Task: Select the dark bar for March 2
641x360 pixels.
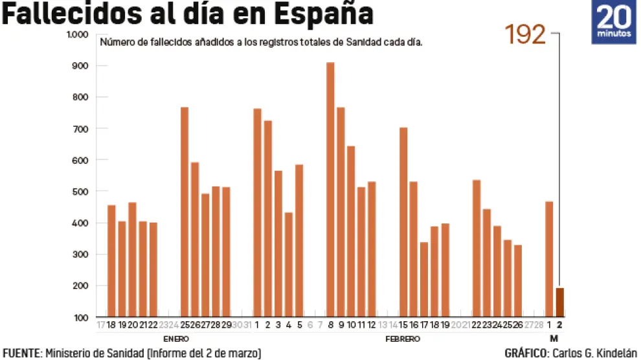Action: pos(560,302)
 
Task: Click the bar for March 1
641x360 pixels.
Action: pos(549,259)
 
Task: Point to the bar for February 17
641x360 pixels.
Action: pos(424,279)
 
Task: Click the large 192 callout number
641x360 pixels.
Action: pos(525,35)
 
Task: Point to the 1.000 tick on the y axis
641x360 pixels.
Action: pos(77,34)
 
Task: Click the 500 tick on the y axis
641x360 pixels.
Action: pos(80,192)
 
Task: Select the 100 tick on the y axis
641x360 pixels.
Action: pos(80,317)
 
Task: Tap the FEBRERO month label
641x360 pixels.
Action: pos(403,339)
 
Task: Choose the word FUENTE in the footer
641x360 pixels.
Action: pos(21,353)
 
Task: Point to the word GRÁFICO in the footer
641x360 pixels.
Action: pos(524,353)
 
